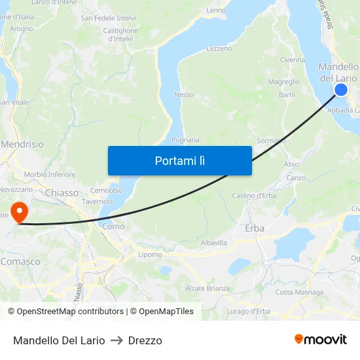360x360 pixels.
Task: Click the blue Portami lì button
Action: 179,160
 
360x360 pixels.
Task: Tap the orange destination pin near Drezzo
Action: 20,213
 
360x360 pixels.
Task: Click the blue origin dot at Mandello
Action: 341,90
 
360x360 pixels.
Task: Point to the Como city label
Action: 113,226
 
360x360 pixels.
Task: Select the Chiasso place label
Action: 62,192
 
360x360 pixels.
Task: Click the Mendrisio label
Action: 23,144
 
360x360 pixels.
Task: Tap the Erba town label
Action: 254,228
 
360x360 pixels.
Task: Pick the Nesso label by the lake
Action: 184,95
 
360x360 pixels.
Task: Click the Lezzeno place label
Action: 219,49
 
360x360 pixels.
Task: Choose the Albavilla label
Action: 214,243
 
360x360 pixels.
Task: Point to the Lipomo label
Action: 150,255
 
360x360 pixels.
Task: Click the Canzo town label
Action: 297,178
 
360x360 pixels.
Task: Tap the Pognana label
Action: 185,140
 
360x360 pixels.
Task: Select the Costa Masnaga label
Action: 299,293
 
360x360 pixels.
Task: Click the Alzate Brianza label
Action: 207,289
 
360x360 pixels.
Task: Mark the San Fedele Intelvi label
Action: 108,18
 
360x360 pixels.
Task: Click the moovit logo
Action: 321,339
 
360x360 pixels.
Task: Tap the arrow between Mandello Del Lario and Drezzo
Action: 117,340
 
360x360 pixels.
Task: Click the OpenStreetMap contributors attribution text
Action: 66,312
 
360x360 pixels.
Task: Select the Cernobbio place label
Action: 106,190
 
